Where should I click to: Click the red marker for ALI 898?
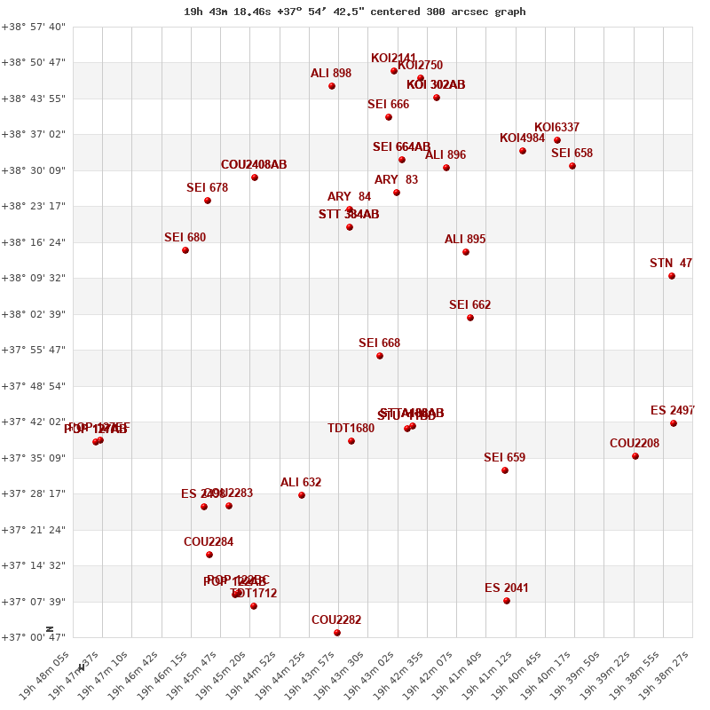pyautogui.click(x=332, y=86)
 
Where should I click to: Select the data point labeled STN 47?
pyautogui.click(x=672, y=276)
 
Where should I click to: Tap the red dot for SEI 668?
pyautogui.click(x=380, y=356)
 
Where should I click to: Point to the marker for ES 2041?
pyautogui.click(x=507, y=601)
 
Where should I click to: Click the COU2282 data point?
pyautogui.click(x=337, y=633)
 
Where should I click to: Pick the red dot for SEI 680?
pyautogui.click(x=185, y=250)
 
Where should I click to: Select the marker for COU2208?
pyautogui.click(x=635, y=456)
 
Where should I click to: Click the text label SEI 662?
pyautogui.click(x=469, y=305)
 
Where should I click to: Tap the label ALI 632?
pyautogui.click(x=301, y=483)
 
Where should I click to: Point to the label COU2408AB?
pyautogui.click(x=254, y=165)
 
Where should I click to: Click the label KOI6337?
pyautogui.click(x=556, y=128)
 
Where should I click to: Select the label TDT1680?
pyautogui.click(x=351, y=429)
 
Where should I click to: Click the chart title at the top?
pyautogui.click(x=355, y=12)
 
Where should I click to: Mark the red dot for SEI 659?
pyautogui.click(x=505, y=470)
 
